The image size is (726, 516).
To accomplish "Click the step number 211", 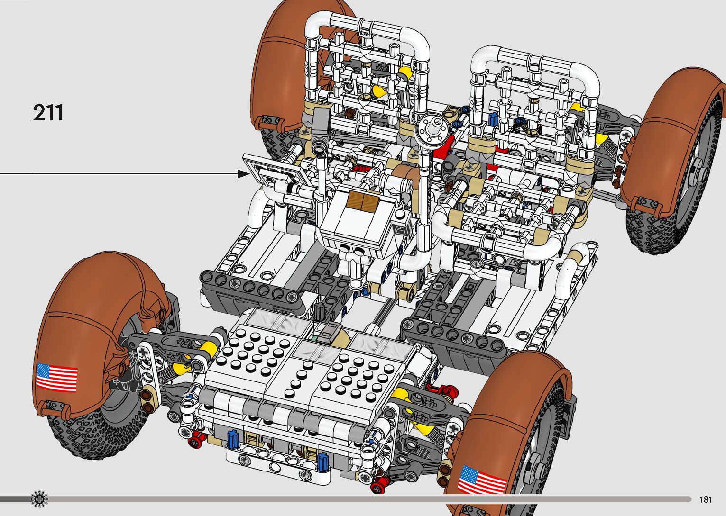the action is pos(48,112).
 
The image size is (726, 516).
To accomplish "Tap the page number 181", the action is pos(706,499).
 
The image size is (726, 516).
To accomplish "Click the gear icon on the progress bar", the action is pos(39,499).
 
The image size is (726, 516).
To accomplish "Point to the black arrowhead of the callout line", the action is pos(243,174).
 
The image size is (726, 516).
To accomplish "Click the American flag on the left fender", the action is pos(57,378).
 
